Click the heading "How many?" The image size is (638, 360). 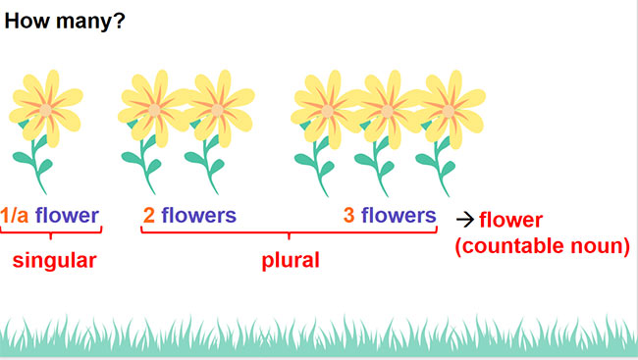coord(65,20)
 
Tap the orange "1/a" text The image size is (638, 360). coord(15,215)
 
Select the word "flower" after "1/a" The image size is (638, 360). coord(67,215)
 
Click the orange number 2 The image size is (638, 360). coord(148,215)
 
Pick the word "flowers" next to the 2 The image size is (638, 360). coord(199,215)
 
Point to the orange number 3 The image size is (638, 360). coord(349,215)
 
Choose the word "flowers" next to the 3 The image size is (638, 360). coord(399,215)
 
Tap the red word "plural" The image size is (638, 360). coord(291,262)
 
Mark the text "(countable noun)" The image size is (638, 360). coord(543,245)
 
